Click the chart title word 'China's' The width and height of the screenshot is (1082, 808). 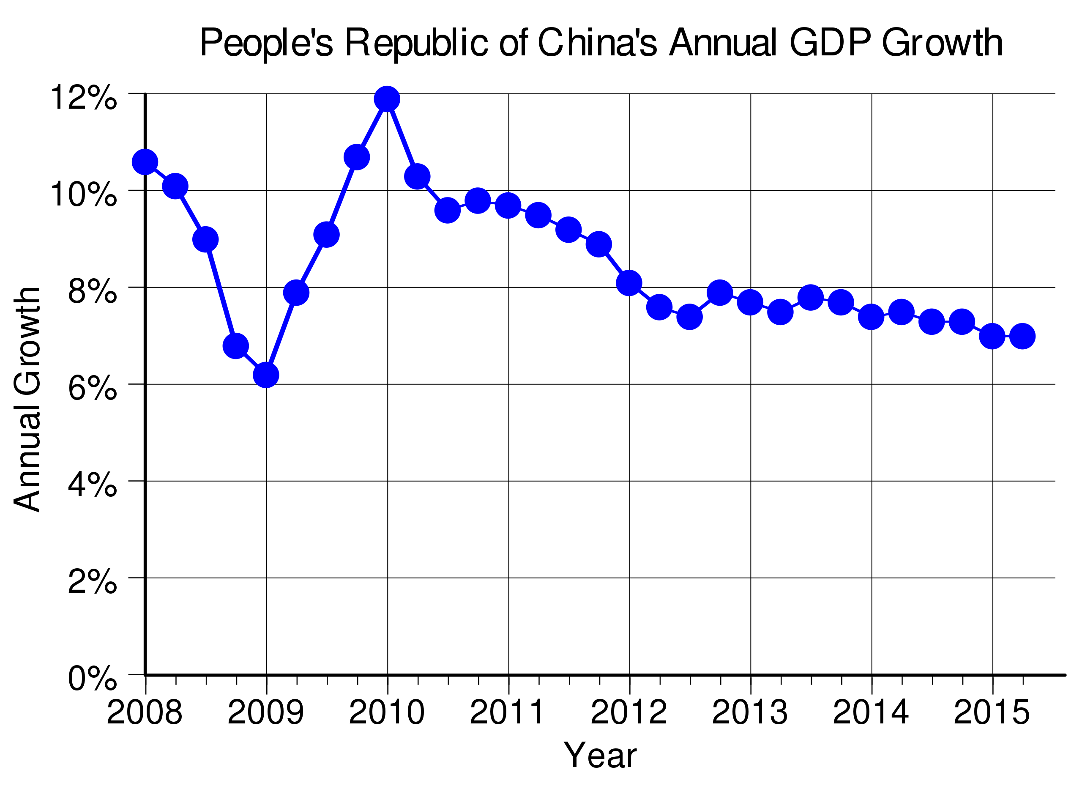click(x=598, y=43)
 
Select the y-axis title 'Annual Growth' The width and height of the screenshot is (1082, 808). click(x=27, y=399)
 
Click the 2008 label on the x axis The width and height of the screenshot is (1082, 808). click(x=145, y=712)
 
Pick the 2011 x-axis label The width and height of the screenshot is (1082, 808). click(x=507, y=712)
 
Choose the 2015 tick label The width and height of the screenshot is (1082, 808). click(x=992, y=712)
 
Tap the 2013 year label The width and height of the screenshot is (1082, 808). click(x=749, y=712)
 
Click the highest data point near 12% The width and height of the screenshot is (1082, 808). click(x=387, y=99)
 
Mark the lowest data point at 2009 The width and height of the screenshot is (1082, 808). click(x=266, y=375)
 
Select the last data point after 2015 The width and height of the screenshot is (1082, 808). click(x=1022, y=336)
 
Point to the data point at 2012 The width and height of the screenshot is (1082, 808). click(x=629, y=283)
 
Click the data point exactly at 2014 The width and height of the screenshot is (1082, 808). click(x=871, y=317)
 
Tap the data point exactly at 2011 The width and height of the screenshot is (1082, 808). click(x=508, y=205)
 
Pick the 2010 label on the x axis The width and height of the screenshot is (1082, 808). click(x=387, y=712)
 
